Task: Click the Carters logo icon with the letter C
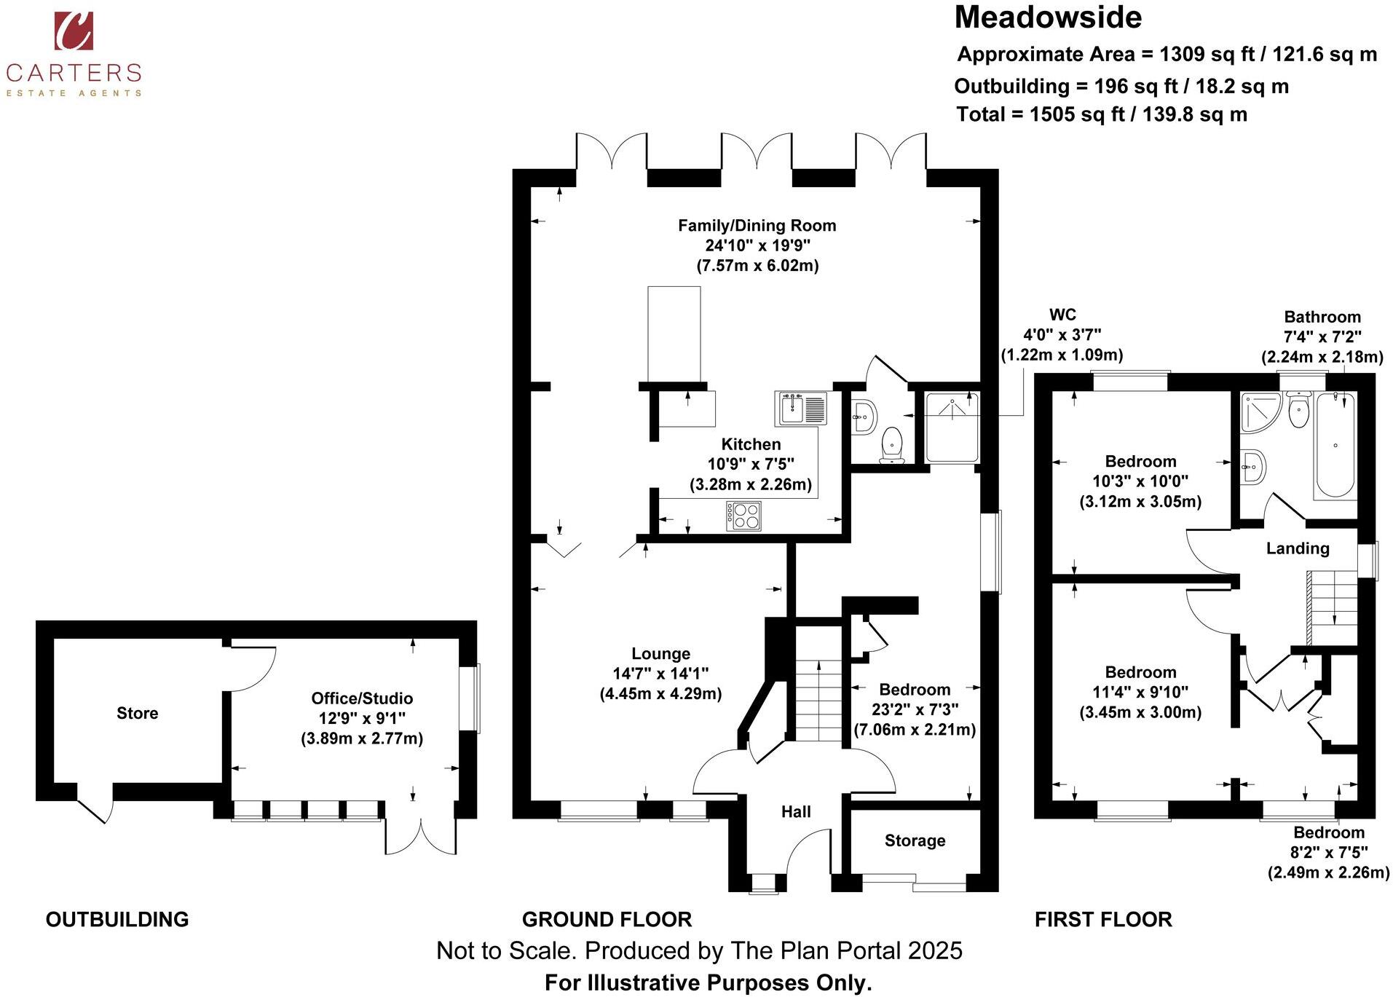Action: point(74,31)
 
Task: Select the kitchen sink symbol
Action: point(800,408)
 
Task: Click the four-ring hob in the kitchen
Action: point(744,516)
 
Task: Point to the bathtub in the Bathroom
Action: point(1335,445)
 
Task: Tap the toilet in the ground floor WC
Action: point(892,445)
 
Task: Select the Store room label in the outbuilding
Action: point(137,713)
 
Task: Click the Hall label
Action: point(795,811)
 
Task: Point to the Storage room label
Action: point(915,840)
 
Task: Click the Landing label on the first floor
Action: point(1297,548)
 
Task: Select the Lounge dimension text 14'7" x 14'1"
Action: point(660,674)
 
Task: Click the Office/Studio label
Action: point(362,698)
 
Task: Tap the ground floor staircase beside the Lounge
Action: point(818,700)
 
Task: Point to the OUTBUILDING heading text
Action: point(117,919)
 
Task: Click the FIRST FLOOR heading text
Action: point(1102,919)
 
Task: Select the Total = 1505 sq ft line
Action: point(1101,114)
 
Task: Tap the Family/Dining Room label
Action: point(757,226)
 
